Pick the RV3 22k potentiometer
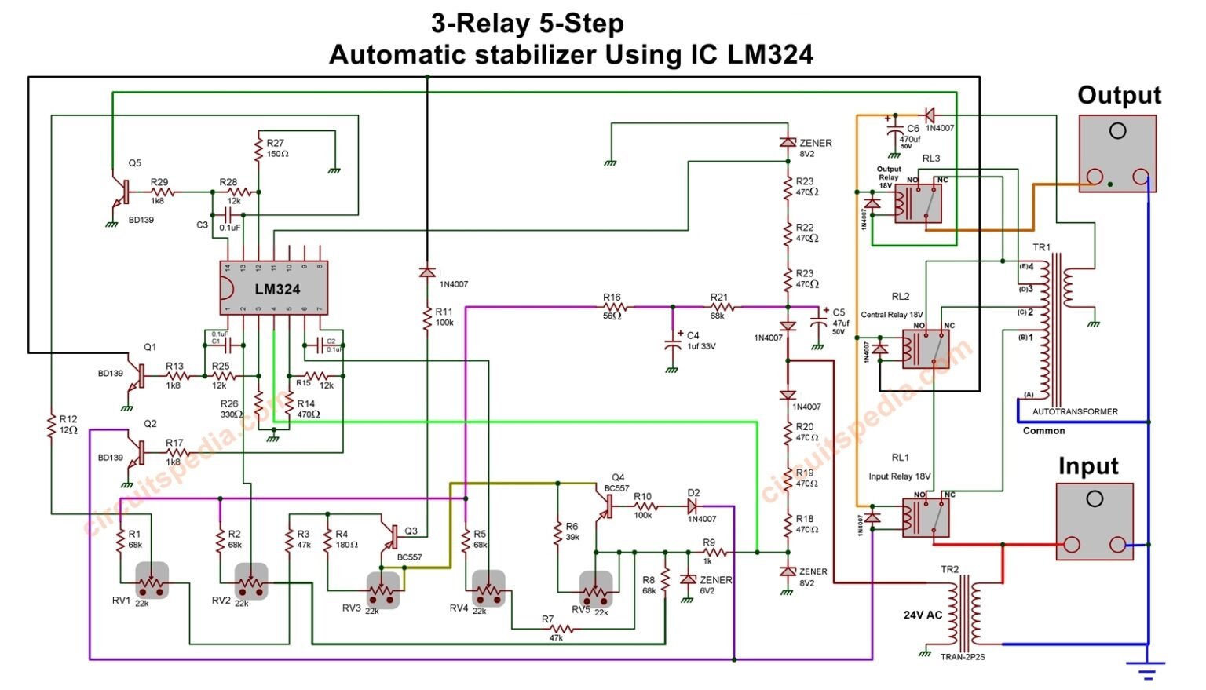383,590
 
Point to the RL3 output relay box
919,203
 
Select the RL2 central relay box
926,349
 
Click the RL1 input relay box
926,517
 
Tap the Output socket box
1117,154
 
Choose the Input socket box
1095,521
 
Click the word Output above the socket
1119,96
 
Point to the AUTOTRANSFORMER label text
1075,411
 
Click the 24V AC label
922,615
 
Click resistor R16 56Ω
614,308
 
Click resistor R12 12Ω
52,426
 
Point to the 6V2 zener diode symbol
688,579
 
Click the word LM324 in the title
769,55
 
